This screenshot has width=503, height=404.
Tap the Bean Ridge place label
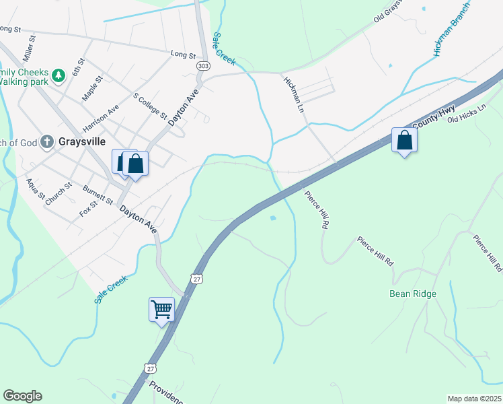pos(413,294)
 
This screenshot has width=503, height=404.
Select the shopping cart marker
pos(161,310)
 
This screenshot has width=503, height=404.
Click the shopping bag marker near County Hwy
pos(404,140)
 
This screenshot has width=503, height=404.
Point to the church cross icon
pos(46,141)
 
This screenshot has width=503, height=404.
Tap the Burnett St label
pos(98,195)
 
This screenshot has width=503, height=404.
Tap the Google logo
pos(22,396)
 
